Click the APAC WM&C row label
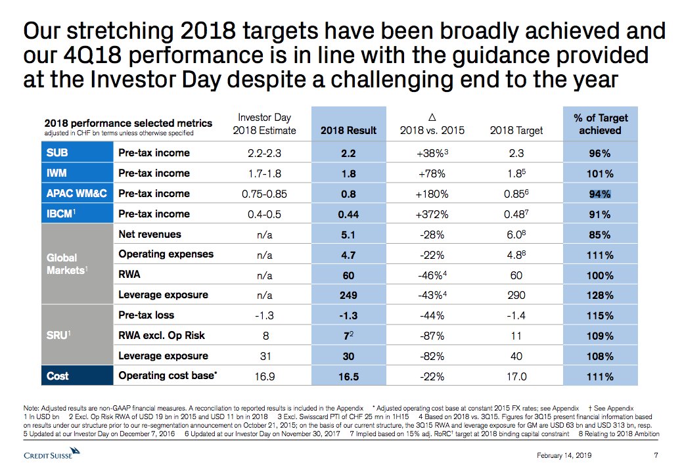(74, 194)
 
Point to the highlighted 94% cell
(600, 194)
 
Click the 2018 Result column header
(348, 130)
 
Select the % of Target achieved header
(600, 124)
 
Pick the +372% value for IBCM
(432, 214)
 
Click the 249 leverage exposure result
(348, 295)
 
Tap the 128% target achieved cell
(600, 295)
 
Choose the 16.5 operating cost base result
(348, 376)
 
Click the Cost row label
(57, 376)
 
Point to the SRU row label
(55, 335)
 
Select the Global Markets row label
(62, 264)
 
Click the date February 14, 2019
(564, 456)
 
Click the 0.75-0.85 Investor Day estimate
(264, 194)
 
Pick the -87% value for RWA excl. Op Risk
(432, 336)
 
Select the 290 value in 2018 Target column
(516, 295)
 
